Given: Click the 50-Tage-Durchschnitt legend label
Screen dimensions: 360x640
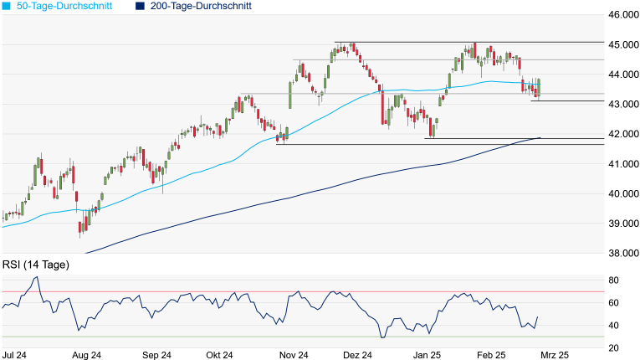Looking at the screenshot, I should tap(69, 6).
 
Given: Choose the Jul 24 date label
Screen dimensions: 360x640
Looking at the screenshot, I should tap(14, 355).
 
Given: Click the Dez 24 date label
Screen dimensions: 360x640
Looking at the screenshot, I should tap(358, 355).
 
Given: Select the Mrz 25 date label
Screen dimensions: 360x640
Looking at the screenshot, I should tap(554, 355).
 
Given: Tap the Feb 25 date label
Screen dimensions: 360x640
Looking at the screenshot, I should tap(492, 355).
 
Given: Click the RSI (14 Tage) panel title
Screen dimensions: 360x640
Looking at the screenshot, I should tap(36, 265).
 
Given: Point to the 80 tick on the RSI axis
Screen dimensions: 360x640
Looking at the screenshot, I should tap(614, 280).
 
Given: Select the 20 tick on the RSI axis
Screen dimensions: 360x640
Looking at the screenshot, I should tap(614, 348).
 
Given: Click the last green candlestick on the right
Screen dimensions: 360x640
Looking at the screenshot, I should tap(540, 87).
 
